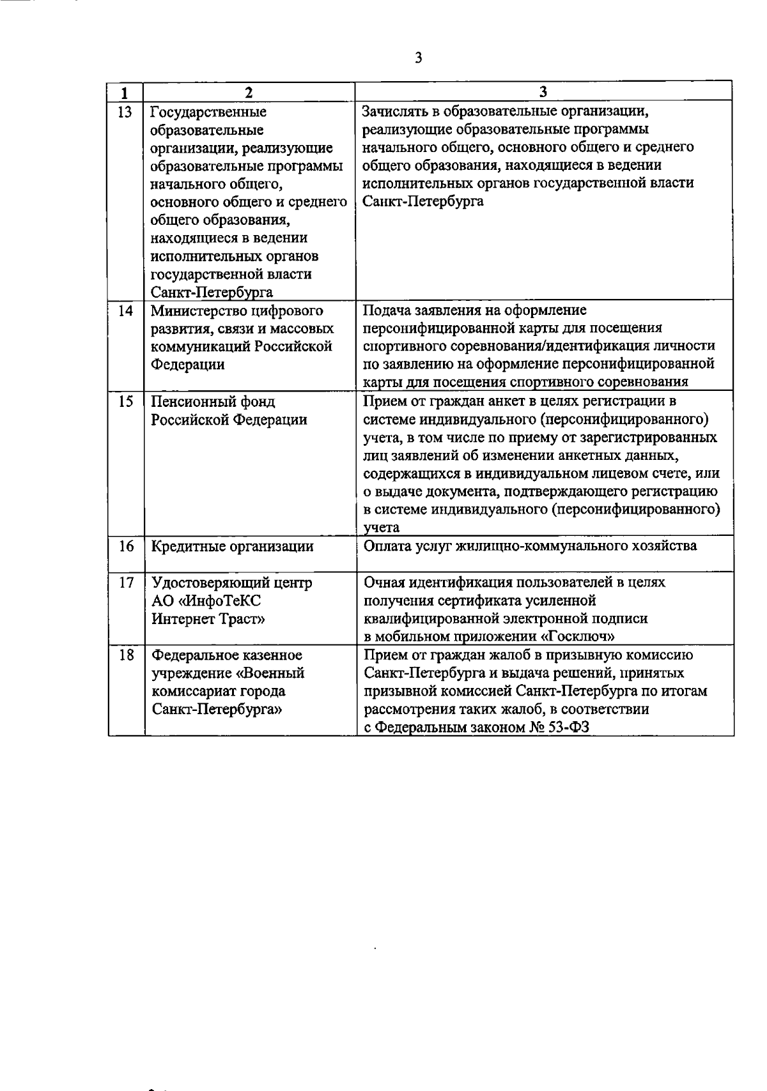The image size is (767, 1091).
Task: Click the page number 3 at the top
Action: click(418, 58)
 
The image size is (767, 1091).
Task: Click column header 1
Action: click(125, 93)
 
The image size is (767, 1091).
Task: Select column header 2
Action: click(249, 93)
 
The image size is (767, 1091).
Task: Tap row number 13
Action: click(125, 113)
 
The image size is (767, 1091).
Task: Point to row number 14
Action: click(125, 311)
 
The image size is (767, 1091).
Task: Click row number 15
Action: click(125, 402)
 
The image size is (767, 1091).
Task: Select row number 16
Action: click(125, 546)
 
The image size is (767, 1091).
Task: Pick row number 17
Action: click(125, 583)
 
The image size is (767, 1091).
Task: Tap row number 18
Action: click(125, 655)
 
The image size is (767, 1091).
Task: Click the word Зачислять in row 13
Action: click(394, 112)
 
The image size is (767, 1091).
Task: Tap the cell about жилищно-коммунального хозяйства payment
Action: click(530, 546)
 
